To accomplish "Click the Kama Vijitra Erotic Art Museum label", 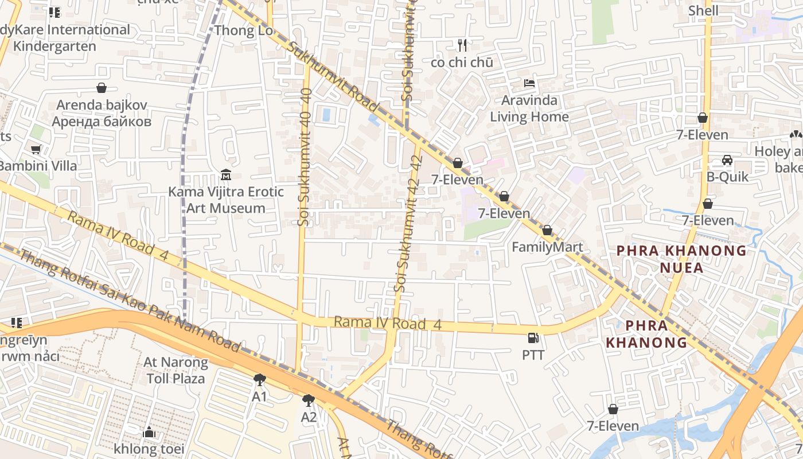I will pyautogui.click(x=225, y=200).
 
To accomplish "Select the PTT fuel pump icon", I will pyautogui.click(x=533, y=339).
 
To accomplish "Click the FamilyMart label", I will pyautogui.click(x=547, y=247).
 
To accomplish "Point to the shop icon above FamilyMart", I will pyautogui.click(x=547, y=231).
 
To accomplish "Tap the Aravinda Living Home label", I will pyautogui.click(x=529, y=108).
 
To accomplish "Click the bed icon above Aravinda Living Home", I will pyautogui.click(x=529, y=84).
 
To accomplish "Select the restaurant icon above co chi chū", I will pyautogui.click(x=462, y=45).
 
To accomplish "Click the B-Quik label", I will pyautogui.click(x=727, y=177).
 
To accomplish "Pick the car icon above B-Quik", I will pyautogui.click(x=727, y=160).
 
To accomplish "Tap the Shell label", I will pyautogui.click(x=703, y=10).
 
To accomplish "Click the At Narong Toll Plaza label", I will pyautogui.click(x=176, y=370).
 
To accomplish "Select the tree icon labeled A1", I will pyautogui.click(x=260, y=380).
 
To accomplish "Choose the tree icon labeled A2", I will pyautogui.click(x=309, y=400).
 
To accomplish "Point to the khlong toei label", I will pyautogui.click(x=149, y=448).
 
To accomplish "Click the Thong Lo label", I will pyautogui.click(x=244, y=30).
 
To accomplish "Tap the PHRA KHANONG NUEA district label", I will pyautogui.click(x=681, y=259).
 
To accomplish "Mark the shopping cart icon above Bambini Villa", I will pyautogui.click(x=36, y=150).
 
